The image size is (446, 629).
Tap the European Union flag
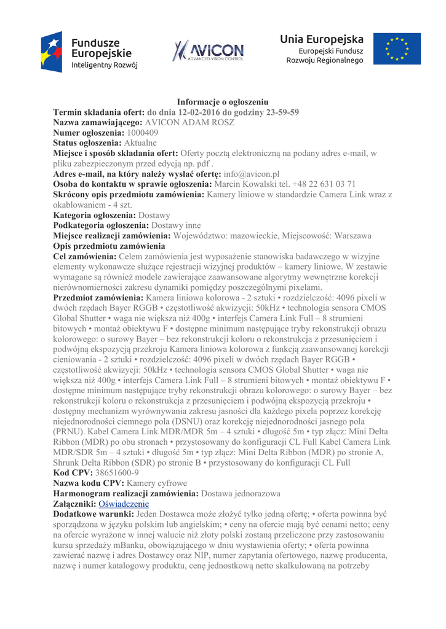402,49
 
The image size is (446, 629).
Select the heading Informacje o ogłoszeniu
223,101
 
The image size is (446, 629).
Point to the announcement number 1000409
143,132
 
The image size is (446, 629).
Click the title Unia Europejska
322,39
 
